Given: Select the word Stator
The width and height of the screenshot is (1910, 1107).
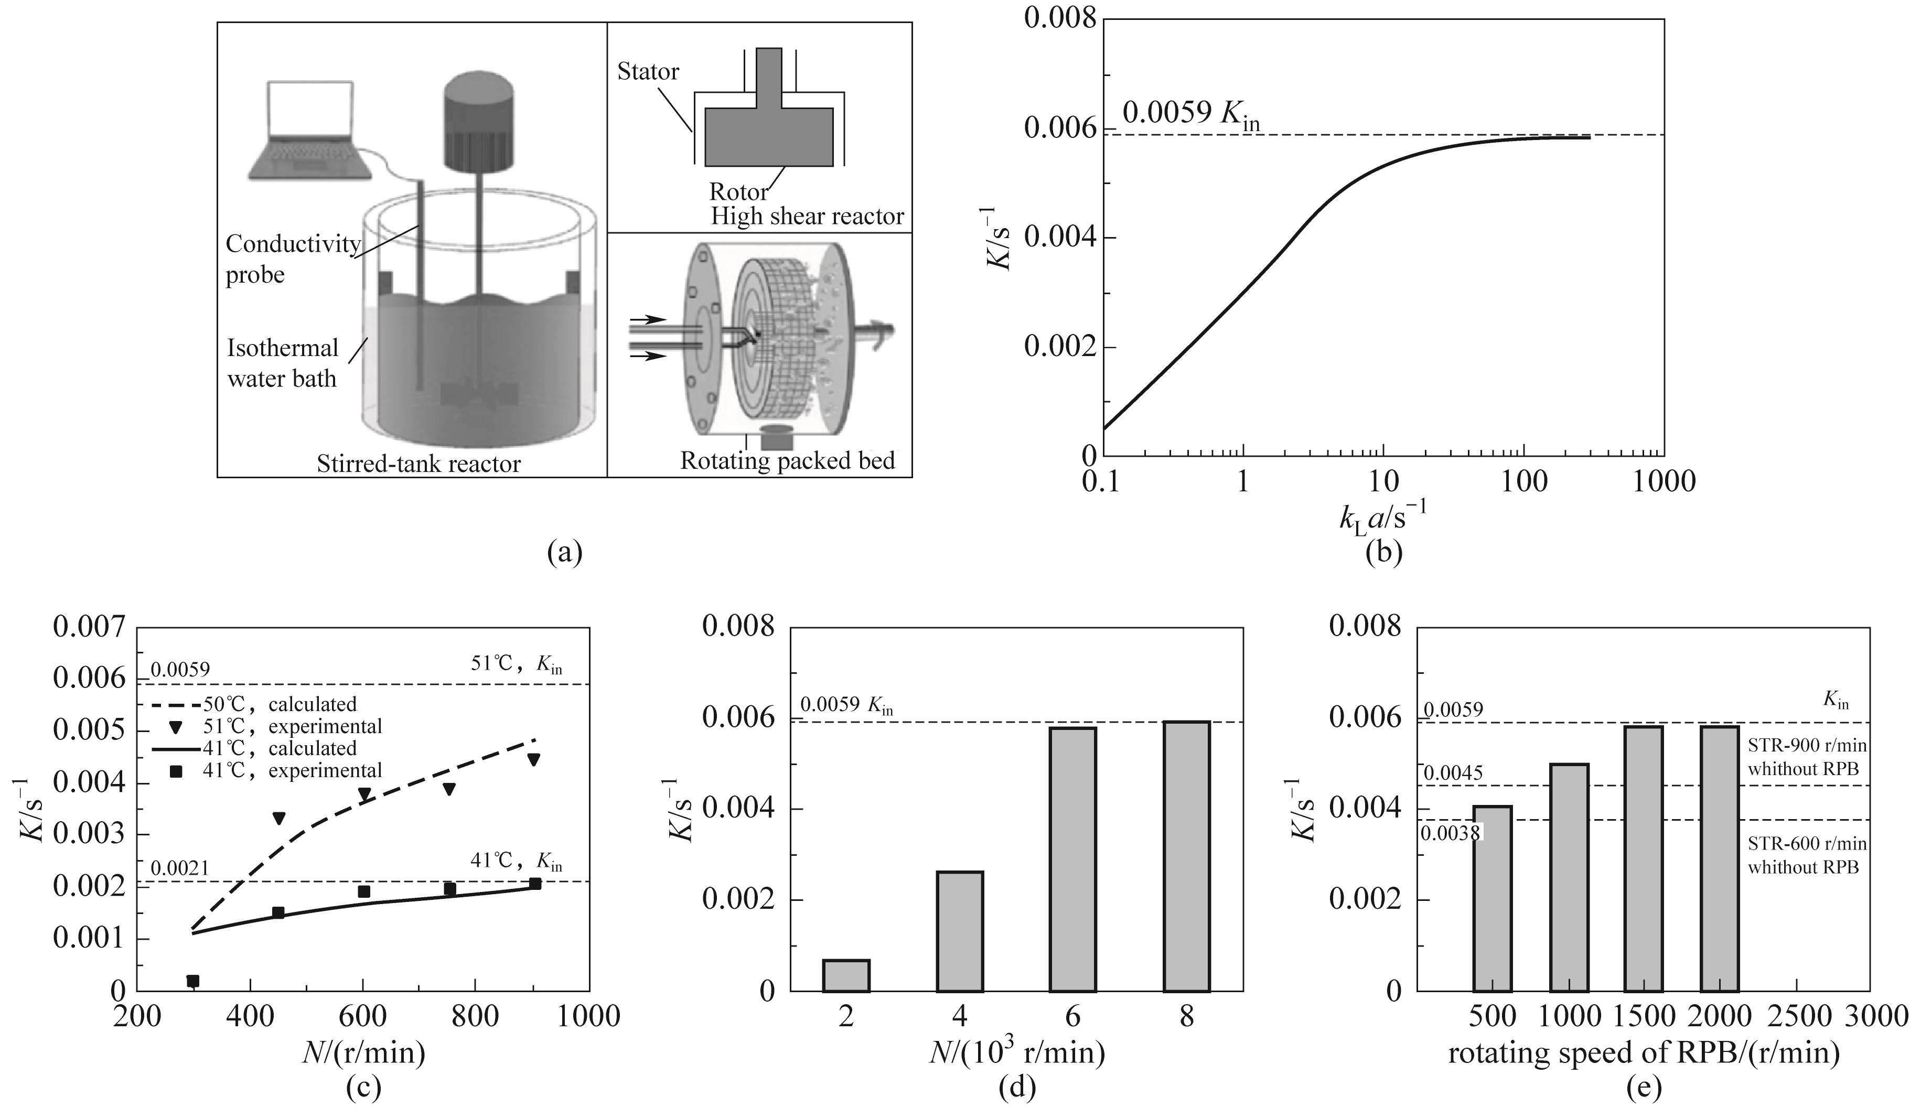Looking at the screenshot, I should point(648,72).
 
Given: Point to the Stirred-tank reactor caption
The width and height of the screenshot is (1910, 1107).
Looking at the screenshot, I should point(419,463).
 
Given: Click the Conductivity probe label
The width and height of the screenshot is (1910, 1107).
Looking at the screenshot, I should point(293,259).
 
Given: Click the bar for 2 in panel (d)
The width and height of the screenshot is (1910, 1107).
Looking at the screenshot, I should point(846,975).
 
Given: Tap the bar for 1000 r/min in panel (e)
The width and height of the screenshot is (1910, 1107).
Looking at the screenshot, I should point(1570,877).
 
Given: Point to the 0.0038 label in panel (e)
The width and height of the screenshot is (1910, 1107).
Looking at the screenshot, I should point(1450,833).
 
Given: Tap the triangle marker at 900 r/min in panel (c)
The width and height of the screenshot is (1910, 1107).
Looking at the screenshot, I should point(533,759).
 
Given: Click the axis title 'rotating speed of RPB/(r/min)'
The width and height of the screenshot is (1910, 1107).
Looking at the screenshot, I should point(1643,1053).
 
